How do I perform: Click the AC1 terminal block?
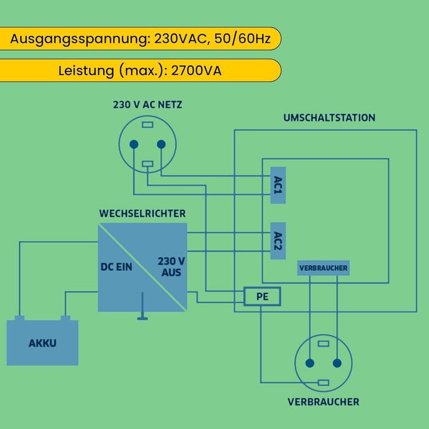(278, 185)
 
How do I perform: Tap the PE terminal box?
(262, 296)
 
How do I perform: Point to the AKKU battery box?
(42, 343)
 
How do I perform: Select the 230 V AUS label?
(171, 266)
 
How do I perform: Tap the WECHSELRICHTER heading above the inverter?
(142, 213)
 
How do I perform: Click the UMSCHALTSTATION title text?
(329, 118)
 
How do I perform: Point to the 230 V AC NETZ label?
(148, 105)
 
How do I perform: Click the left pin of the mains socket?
(134, 144)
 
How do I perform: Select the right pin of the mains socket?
(161, 144)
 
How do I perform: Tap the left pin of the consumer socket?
(310, 363)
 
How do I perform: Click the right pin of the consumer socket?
(337, 363)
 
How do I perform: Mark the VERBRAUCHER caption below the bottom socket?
(324, 402)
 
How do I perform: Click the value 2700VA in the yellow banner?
(196, 71)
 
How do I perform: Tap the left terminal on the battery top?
(20, 318)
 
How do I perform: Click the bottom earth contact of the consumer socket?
(324, 383)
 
